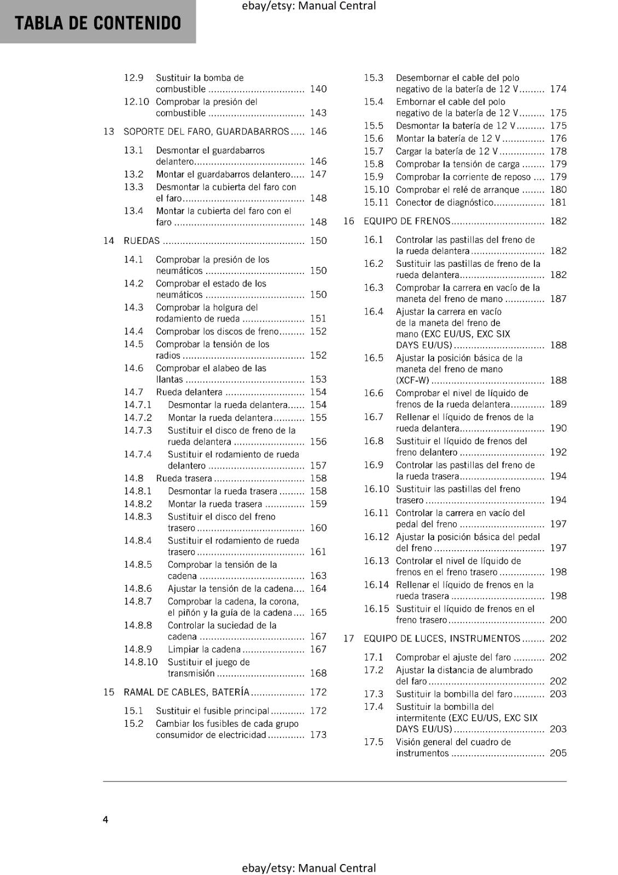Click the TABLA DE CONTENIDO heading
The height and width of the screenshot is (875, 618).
tap(98, 23)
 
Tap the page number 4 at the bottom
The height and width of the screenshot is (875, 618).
tap(106, 819)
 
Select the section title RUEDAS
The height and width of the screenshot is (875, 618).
tap(142, 241)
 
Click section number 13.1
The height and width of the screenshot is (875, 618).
tap(133, 150)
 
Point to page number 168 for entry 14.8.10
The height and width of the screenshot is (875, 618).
tap(318, 673)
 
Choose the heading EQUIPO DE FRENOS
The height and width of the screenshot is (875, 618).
tap(406, 221)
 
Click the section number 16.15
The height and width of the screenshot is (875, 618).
tap(376, 609)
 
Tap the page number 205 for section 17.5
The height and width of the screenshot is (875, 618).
tap(558, 753)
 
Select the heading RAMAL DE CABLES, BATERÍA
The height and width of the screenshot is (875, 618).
tap(186, 692)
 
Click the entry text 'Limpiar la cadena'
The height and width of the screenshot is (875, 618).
tap(204, 649)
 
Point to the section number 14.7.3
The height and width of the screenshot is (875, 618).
tap(138, 430)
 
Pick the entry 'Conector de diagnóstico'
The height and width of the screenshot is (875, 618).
tap(444, 202)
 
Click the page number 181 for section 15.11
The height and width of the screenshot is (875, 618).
tap(558, 202)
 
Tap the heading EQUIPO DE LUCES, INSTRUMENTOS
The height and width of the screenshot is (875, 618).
tap(442, 638)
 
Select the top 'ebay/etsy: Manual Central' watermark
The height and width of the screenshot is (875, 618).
tap(308, 6)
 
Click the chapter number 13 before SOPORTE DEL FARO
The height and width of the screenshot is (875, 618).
tap(109, 131)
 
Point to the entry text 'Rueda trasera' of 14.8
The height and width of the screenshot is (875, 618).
tap(184, 478)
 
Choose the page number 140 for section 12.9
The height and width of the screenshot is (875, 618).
tap(318, 89)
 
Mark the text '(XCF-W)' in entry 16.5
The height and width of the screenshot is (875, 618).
tap(412, 380)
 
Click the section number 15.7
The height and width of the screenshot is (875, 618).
tap(374, 151)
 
